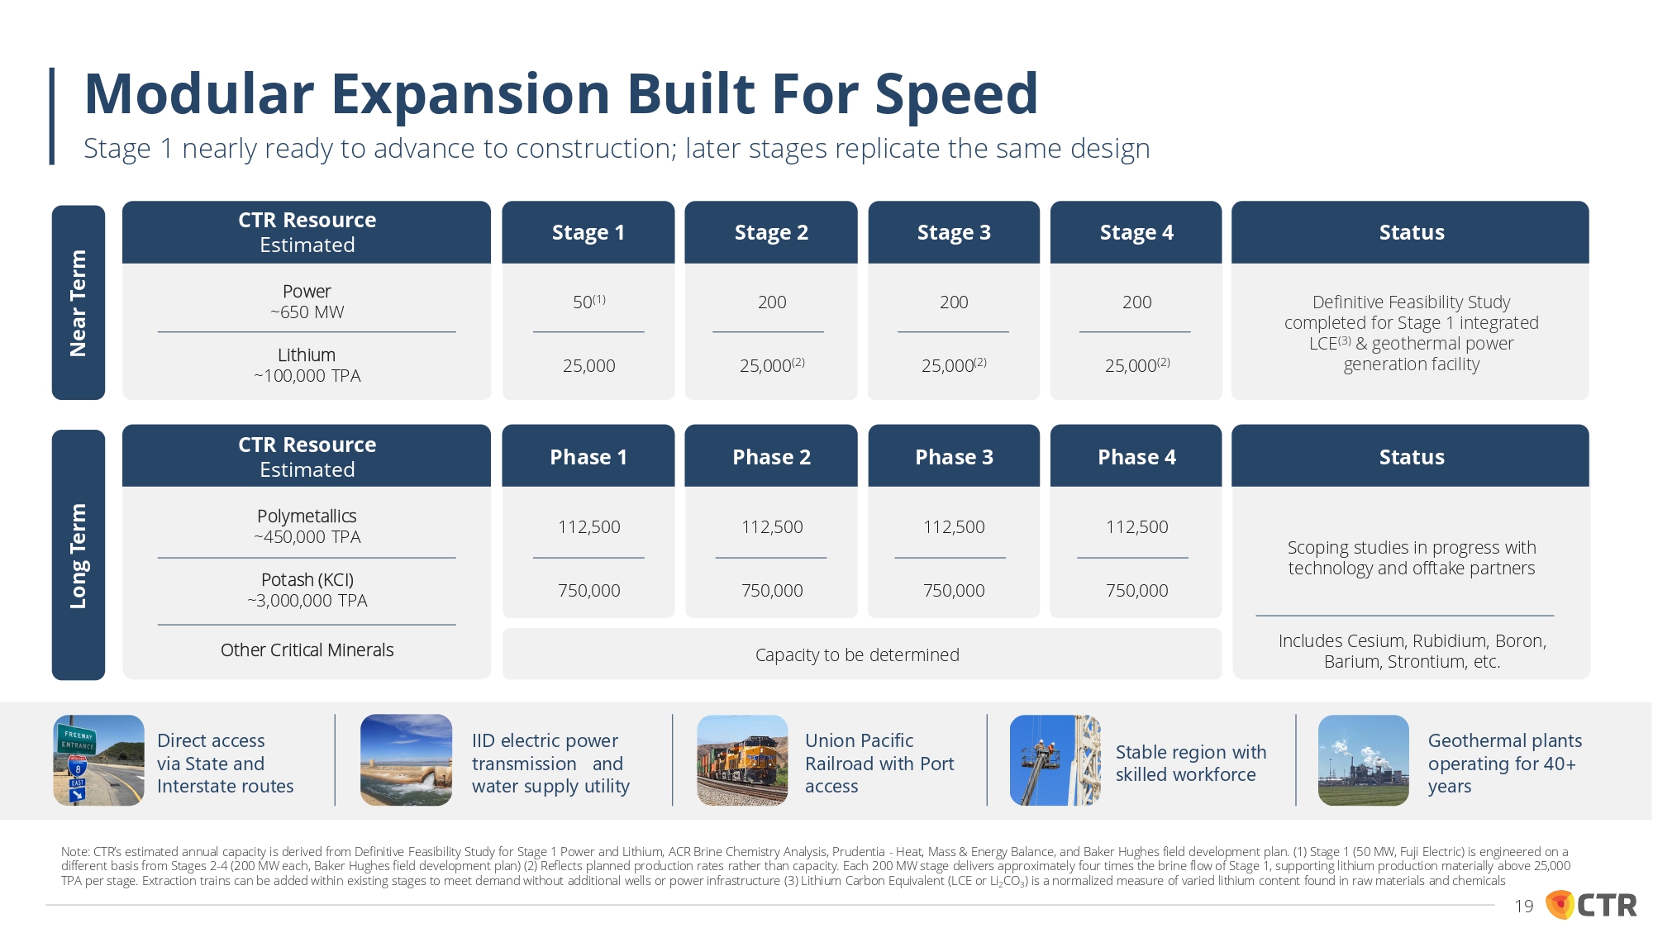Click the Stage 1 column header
click(588, 232)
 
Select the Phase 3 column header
click(954, 457)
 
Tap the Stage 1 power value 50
click(588, 302)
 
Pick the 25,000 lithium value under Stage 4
click(1137, 365)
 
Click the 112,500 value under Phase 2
click(772, 527)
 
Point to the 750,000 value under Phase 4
click(1137, 590)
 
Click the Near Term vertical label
click(79, 302)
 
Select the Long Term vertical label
click(79, 554)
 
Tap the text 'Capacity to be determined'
click(857, 654)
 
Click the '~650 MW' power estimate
click(307, 312)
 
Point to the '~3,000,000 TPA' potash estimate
click(307, 601)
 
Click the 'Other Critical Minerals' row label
click(307, 650)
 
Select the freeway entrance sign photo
click(98, 760)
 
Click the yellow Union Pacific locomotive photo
click(742, 760)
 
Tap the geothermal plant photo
click(1364, 760)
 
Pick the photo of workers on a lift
click(1055, 760)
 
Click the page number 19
click(1524, 907)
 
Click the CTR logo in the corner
click(1591, 905)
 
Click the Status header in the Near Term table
click(1411, 232)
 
